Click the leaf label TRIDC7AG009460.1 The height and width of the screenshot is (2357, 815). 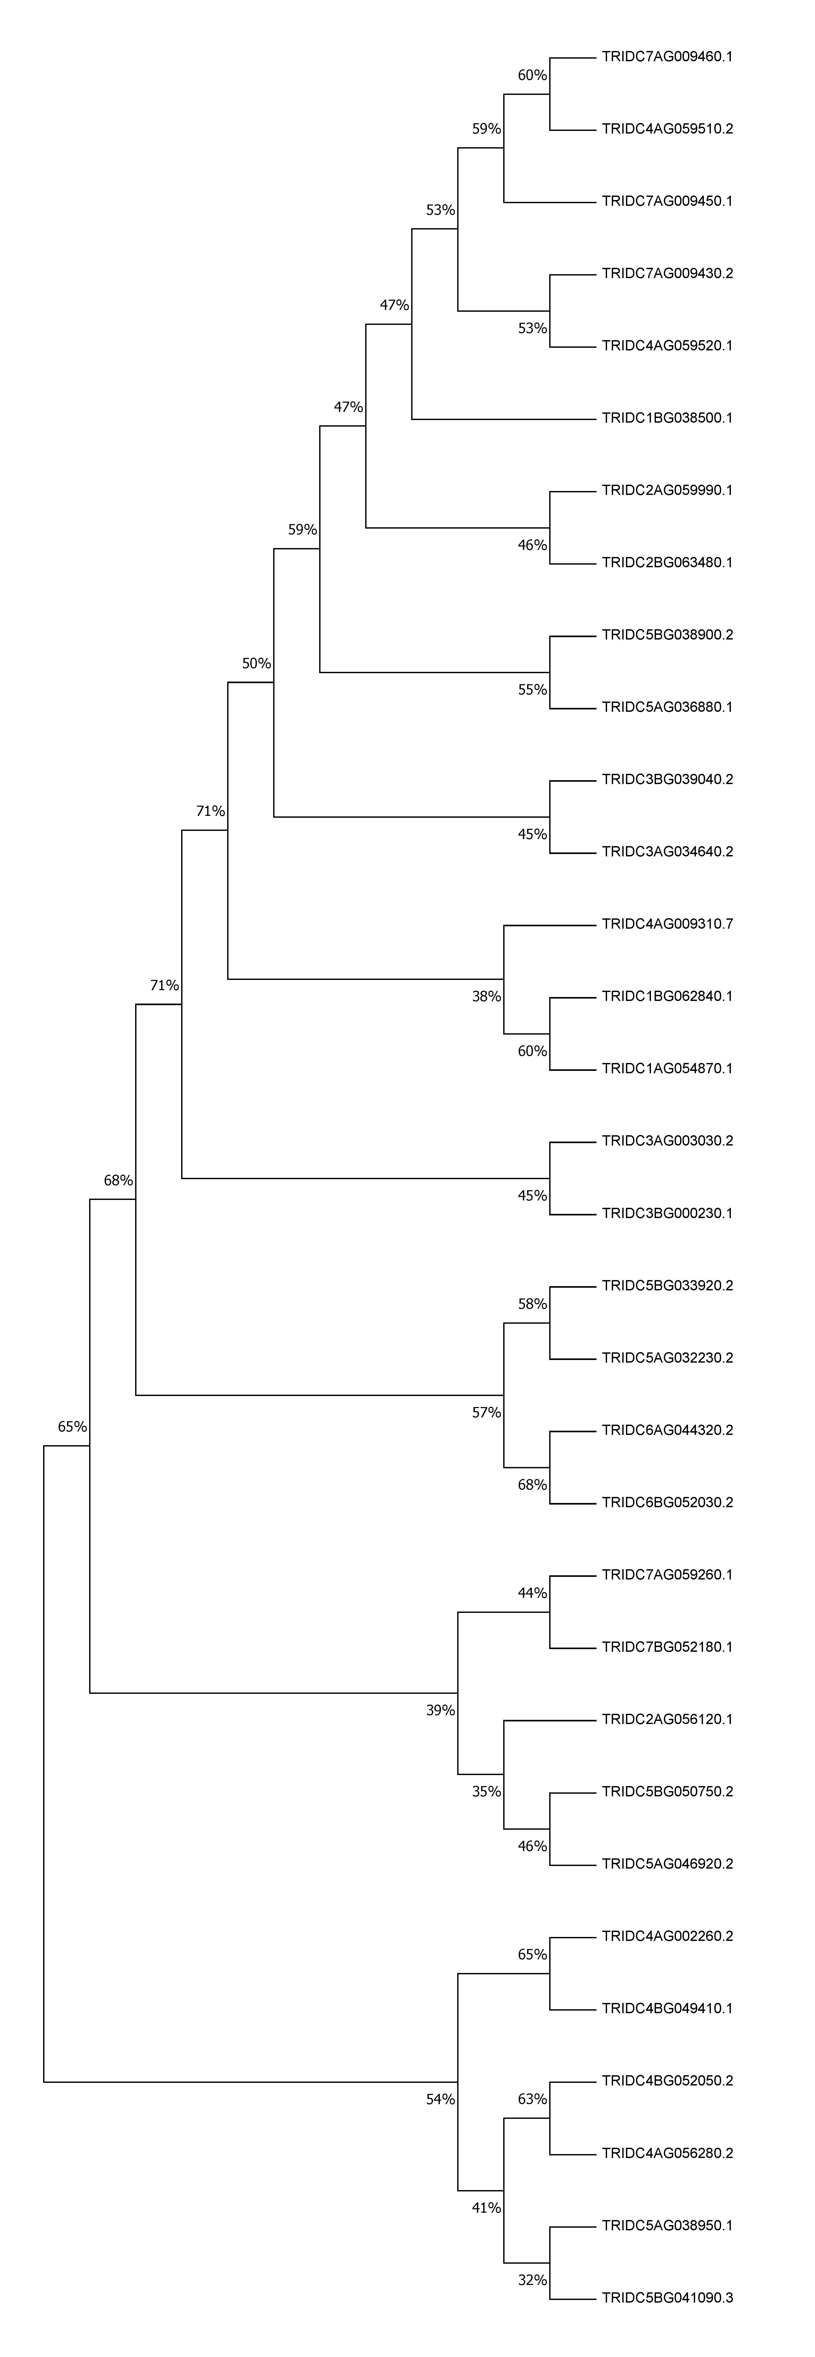point(667,57)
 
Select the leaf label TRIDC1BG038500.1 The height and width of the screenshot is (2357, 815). point(667,418)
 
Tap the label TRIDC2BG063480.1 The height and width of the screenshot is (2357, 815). point(667,563)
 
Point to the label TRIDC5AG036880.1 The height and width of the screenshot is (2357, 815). point(667,707)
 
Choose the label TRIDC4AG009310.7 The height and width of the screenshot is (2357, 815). point(667,924)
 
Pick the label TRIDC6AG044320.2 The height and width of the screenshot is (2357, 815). point(667,1430)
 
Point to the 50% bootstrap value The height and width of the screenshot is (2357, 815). point(256,663)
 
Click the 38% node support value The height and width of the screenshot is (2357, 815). point(487,996)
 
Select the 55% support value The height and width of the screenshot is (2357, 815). point(532,690)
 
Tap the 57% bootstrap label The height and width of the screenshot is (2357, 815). point(487,1413)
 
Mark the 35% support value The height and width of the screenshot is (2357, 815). point(487,1792)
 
